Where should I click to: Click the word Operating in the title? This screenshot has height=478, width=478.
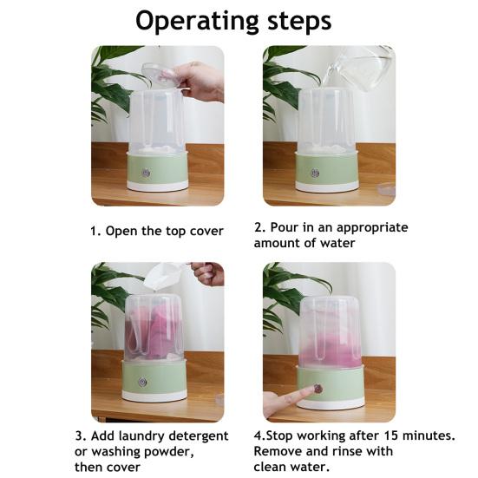click(197, 21)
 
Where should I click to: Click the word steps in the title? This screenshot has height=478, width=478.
click(299, 21)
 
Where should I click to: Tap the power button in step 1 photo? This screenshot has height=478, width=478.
click(146, 173)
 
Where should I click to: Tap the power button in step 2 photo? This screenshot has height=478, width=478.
click(315, 173)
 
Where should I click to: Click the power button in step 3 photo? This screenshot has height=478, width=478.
click(142, 382)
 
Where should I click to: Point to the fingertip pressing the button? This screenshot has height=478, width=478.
click(311, 390)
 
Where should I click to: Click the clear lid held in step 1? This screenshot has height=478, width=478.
click(158, 75)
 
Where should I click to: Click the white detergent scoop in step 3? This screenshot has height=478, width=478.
click(165, 276)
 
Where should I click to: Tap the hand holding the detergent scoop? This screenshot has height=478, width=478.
click(208, 273)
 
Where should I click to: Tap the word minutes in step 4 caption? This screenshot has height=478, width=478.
click(429, 435)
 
